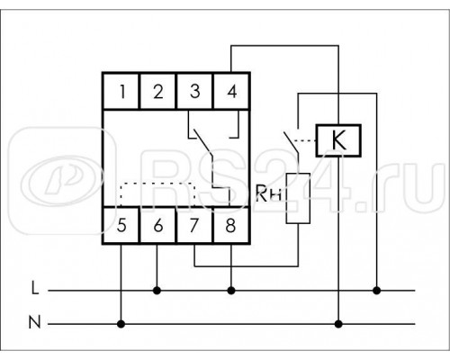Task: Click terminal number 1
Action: pyautogui.click(x=122, y=91)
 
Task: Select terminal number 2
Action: pyautogui.click(x=158, y=91)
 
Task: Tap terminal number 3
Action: pyautogui.click(x=195, y=91)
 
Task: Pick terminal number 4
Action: pyautogui.click(x=232, y=91)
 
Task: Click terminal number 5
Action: pyautogui.click(x=121, y=225)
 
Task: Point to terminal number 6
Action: pyautogui.click(x=158, y=225)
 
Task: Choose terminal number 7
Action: pyautogui.click(x=194, y=225)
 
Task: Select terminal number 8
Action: pyautogui.click(x=230, y=225)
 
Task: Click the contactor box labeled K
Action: pyautogui.click(x=338, y=140)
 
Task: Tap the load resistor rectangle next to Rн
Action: pyautogui.click(x=298, y=198)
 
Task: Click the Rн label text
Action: pyautogui.click(x=269, y=193)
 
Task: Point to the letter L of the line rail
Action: pyautogui.click(x=35, y=289)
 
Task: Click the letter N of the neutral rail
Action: pyautogui.click(x=34, y=322)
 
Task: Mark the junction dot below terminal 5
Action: pyautogui.click(x=121, y=324)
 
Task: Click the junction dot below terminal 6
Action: pyautogui.click(x=157, y=291)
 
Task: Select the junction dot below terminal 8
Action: pyautogui.click(x=231, y=291)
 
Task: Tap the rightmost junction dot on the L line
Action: pyautogui.click(x=376, y=291)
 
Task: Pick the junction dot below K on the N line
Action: pyautogui.click(x=338, y=324)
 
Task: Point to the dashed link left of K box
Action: pyautogui.click(x=304, y=140)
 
